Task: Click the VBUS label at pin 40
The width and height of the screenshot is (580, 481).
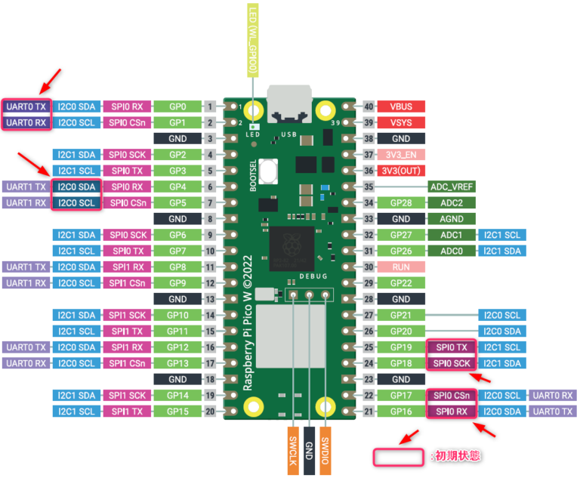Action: (x=401, y=106)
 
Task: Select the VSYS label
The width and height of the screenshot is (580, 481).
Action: (x=401, y=122)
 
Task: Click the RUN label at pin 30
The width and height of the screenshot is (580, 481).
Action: (x=401, y=267)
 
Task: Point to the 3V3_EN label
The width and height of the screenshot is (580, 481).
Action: (x=401, y=154)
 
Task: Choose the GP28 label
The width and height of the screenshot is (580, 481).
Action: (x=401, y=202)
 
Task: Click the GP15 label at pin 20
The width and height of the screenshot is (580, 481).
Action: (x=177, y=411)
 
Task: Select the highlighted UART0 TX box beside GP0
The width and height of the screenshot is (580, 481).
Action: (x=26, y=106)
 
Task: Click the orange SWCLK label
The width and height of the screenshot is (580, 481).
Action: (x=292, y=452)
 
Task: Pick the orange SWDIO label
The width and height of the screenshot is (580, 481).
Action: (x=325, y=452)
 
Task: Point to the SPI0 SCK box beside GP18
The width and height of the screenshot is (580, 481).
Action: (x=451, y=363)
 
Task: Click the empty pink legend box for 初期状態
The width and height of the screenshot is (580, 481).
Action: (x=398, y=456)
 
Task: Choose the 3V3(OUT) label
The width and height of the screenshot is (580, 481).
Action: (x=401, y=170)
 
